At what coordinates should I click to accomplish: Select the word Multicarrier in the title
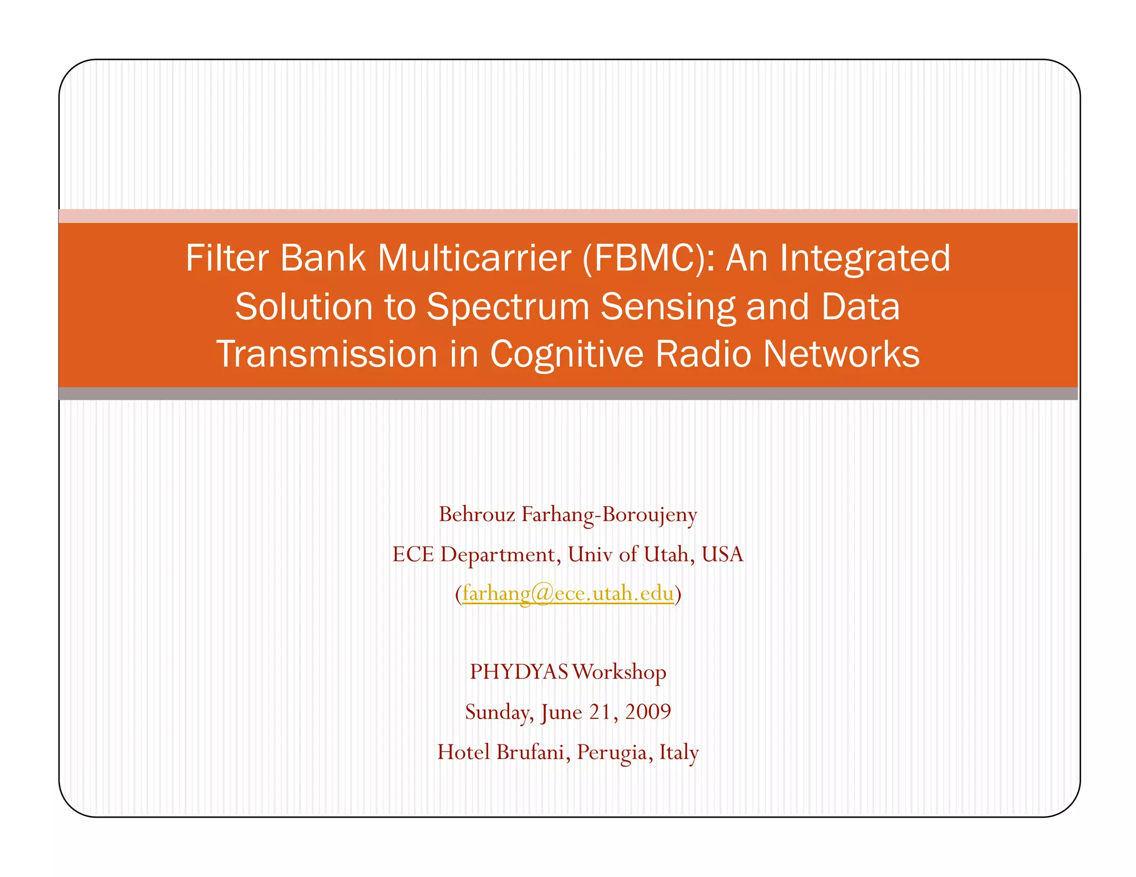(x=474, y=258)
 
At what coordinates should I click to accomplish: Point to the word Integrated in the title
(x=865, y=258)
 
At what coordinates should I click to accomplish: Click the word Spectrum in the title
(x=508, y=307)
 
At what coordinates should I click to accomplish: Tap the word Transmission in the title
(x=327, y=354)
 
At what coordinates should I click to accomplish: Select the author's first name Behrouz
(x=477, y=514)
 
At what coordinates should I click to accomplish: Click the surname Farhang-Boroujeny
(x=609, y=514)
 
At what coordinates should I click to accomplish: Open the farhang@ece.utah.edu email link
(x=568, y=594)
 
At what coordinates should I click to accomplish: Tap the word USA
(x=722, y=554)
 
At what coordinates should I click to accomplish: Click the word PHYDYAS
(x=519, y=672)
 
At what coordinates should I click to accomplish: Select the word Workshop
(x=619, y=672)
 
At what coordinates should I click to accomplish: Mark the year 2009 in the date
(x=648, y=712)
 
